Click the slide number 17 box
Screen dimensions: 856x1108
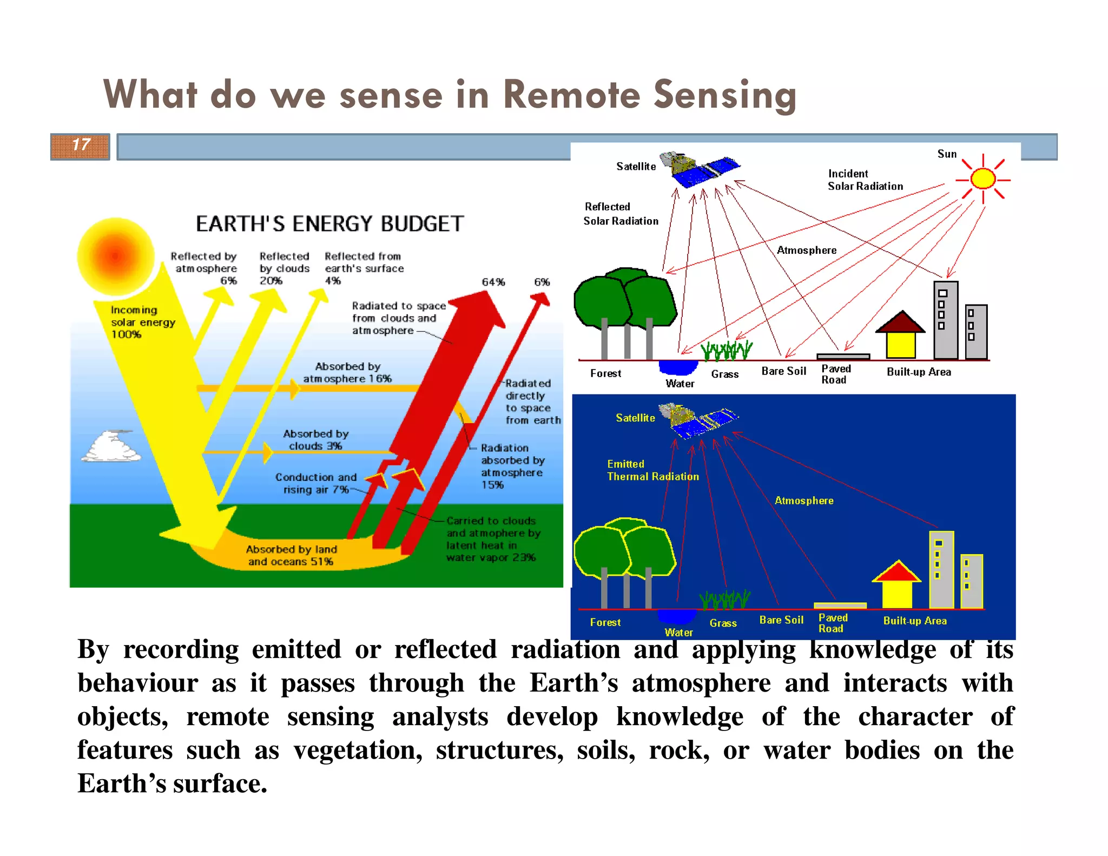coord(80,146)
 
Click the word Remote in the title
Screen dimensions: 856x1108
coord(571,95)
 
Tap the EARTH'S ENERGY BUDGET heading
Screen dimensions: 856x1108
coord(329,223)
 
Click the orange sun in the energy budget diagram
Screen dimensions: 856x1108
coord(116,256)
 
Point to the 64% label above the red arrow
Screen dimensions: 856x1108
coord(493,282)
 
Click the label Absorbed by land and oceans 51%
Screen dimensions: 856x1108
coord(291,556)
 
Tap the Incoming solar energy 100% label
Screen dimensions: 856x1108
coord(142,322)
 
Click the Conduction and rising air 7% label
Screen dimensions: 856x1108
coord(316,483)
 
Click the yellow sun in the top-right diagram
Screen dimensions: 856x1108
coord(982,179)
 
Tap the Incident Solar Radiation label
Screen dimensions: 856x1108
coord(865,180)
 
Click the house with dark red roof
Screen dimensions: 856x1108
coord(900,335)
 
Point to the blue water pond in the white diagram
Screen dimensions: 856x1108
coord(678,367)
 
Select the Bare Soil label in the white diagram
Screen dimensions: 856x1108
coord(783,371)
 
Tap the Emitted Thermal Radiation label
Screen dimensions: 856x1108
coord(652,470)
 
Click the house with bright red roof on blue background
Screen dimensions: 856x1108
coord(896,585)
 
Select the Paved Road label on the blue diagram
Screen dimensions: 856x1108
coord(832,623)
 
